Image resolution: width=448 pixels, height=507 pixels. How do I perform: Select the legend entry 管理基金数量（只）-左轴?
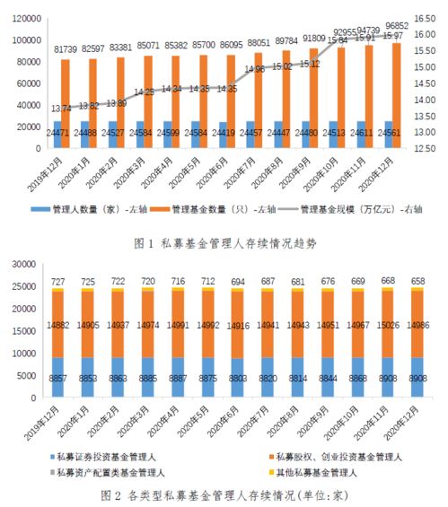click(215, 210)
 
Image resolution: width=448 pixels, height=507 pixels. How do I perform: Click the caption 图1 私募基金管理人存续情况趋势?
click(224, 242)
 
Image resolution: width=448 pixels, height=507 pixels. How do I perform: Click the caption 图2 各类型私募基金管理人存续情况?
click(224, 494)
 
